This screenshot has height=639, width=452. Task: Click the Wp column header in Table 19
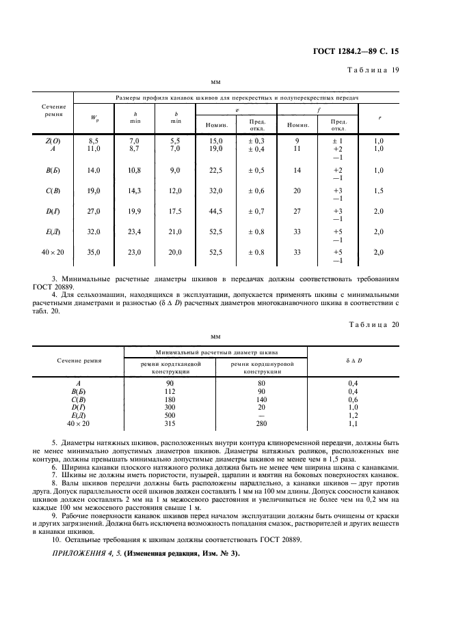pos(94,119)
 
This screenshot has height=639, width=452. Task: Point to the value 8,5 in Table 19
pos(94,140)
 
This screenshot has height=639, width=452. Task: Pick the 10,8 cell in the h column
pos(135,170)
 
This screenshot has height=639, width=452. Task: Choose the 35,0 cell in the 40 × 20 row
pos(94,252)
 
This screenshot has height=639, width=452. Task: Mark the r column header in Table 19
pos(380,118)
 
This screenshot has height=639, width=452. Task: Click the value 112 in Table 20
pos(170,392)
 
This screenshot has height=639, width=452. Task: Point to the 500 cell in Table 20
pos(170,414)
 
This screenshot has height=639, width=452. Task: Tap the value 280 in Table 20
pos(261,423)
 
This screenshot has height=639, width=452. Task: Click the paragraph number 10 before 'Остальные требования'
pos(55,539)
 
